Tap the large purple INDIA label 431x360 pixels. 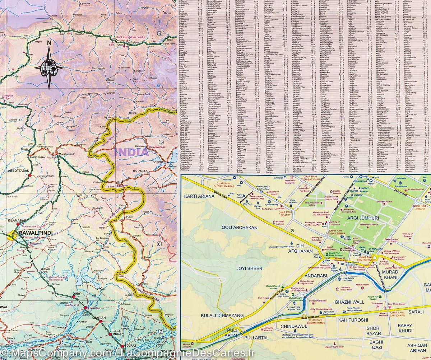pyautogui.click(x=131, y=152)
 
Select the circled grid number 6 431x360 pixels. pyautogui.click(x=159, y=244)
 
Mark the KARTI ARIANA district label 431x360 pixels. pyautogui.click(x=199, y=196)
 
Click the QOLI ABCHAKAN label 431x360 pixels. pyautogui.click(x=240, y=228)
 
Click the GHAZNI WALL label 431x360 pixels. pyautogui.click(x=349, y=302)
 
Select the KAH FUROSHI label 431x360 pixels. pyautogui.click(x=353, y=320)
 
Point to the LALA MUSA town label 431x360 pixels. pyautogui.click(x=117, y=333)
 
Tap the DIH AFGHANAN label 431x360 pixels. pyautogui.click(x=304, y=248)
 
